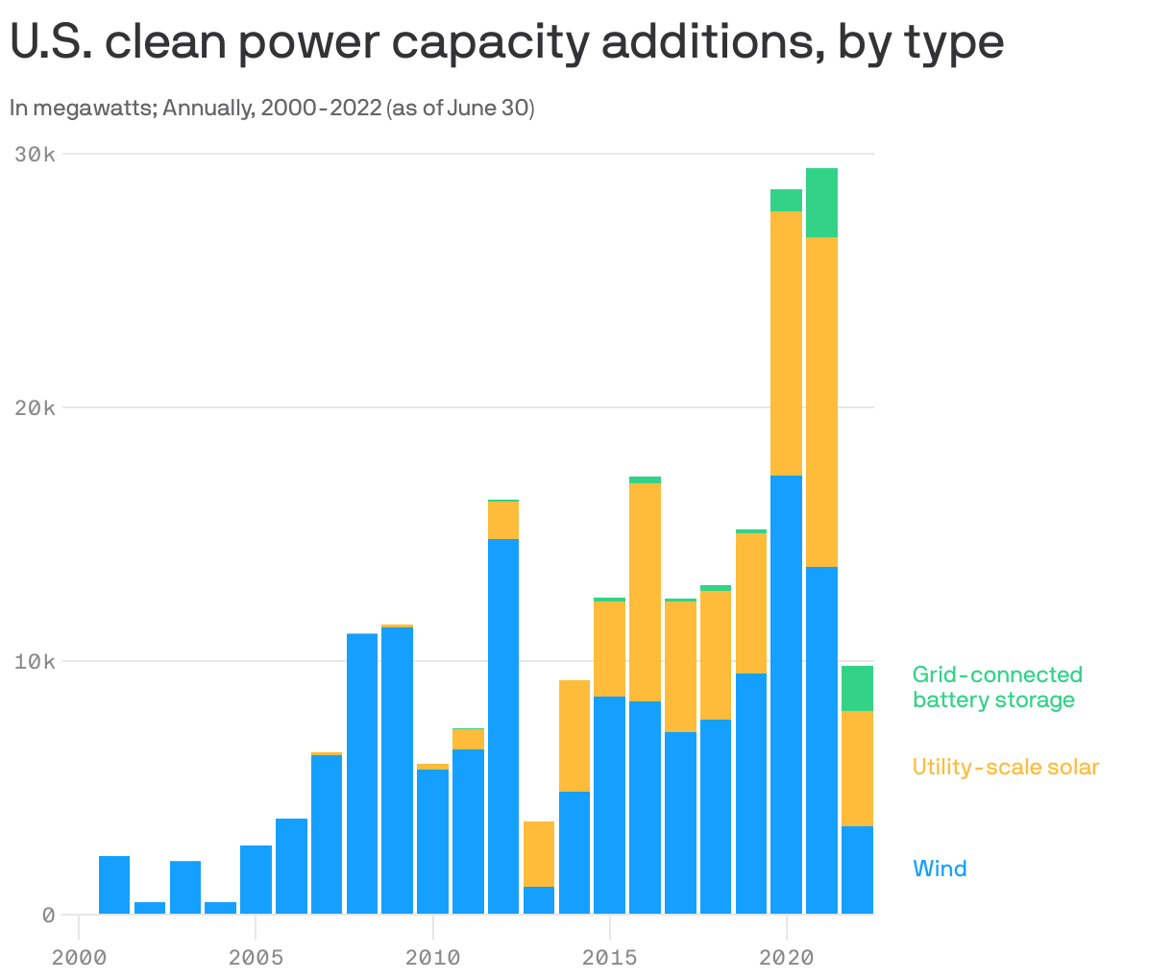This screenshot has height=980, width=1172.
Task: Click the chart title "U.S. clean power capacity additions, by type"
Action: [x=506, y=43]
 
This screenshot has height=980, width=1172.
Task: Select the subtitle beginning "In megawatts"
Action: [x=272, y=108]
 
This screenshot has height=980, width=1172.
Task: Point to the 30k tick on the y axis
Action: [x=35, y=154]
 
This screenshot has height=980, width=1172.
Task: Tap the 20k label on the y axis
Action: [x=35, y=407]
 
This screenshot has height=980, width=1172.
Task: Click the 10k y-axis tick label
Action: [x=35, y=661]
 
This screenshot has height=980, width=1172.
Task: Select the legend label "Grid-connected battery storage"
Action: [x=997, y=687]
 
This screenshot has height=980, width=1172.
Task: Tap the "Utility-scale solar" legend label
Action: [x=1005, y=767]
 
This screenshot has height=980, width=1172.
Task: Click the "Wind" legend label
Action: [x=940, y=869]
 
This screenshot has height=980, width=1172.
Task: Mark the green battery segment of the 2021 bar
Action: [x=821, y=203]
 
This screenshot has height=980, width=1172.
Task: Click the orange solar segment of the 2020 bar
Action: [x=786, y=343]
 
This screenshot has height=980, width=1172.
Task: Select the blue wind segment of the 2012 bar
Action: [x=503, y=726]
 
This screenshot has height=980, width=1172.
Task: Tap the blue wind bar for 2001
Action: [x=114, y=885]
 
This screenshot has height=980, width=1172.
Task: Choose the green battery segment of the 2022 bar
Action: [x=857, y=688]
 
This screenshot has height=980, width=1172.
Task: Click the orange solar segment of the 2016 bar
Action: [x=645, y=592]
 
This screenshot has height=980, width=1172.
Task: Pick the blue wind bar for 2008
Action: [x=362, y=773]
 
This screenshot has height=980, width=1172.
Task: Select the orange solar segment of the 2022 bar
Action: [x=857, y=768]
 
